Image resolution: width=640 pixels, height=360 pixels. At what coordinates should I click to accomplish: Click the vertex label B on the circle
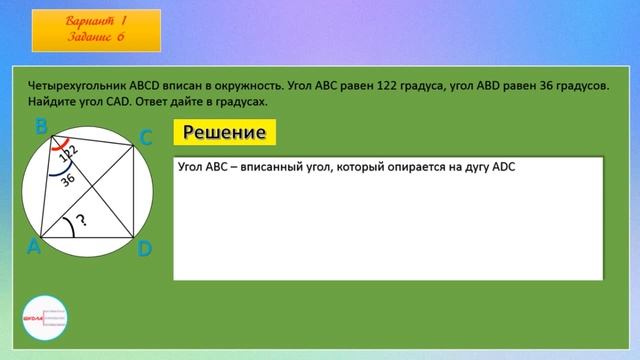tap(41, 127)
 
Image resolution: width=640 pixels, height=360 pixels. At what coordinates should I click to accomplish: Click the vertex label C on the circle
tap(145, 138)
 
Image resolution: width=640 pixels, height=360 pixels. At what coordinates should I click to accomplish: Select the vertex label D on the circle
tap(144, 248)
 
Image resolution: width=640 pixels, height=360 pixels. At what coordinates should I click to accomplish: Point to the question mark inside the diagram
tap(81, 221)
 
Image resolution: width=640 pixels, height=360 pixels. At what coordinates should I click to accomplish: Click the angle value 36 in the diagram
tap(68, 180)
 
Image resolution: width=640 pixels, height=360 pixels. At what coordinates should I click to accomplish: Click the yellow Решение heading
tap(223, 133)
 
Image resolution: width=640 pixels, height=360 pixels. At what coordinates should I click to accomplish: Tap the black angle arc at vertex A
tap(68, 223)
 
